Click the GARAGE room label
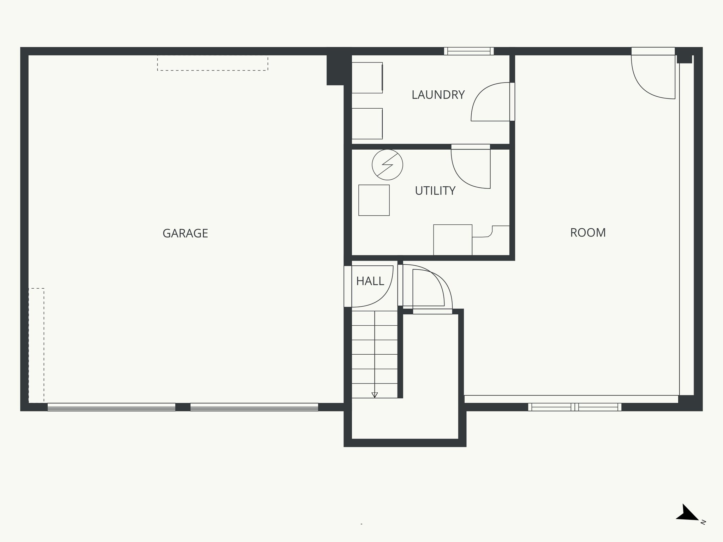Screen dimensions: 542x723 (x=185, y=233)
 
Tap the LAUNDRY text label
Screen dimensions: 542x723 (x=438, y=95)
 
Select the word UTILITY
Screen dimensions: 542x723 (x=435, y=191)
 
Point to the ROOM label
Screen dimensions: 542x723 (x=588, y=233)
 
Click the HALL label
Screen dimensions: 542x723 (x=370, y=281)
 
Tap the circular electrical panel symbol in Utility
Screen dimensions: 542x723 (x=387, y=165)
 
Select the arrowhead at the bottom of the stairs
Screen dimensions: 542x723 (x=375, y=395)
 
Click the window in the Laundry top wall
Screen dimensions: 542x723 (x=469, y=51)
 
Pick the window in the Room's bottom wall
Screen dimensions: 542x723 (x=575, y=407)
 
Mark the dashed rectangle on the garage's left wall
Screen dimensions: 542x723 (x=36, y=345)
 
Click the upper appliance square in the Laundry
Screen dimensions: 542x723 (x=367, y=78)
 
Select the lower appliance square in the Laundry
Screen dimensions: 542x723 (x=367, y=124)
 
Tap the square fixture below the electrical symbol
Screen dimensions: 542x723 (x=374, y=200)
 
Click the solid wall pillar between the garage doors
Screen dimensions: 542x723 (x=183, y=407)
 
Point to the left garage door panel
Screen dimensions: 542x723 (x=112, y=407)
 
